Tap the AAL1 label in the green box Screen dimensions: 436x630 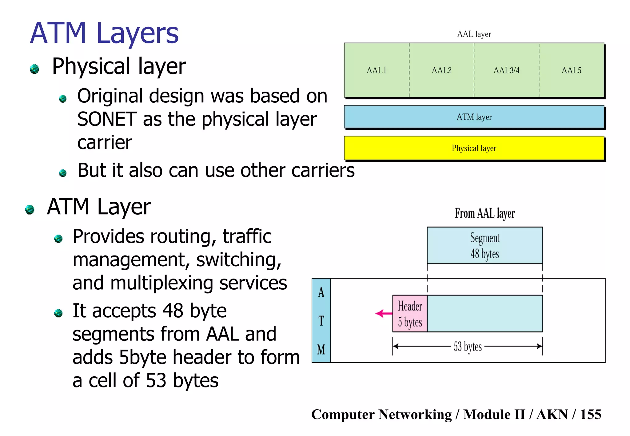coord(376,70)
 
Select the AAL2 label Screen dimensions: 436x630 coord(441,70)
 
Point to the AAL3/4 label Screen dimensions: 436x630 coord(506,70)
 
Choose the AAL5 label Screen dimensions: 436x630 coord(571,70)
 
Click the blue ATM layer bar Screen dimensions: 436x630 coord(474,117)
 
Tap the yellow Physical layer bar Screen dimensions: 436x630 coord(474,148)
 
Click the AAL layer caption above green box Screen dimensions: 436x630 coord(474,34)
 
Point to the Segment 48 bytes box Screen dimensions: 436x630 coord(484,245)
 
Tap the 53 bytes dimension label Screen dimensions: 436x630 coord(468,347)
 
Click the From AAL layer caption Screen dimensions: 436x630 coord(484,213)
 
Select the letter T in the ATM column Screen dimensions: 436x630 coord(321,321)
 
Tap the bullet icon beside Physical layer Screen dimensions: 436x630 coord(34,69)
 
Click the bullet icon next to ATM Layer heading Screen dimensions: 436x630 coord(30,209)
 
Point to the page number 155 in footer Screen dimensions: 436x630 coord(590,414)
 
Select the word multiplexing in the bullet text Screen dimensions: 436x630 coord(161,283)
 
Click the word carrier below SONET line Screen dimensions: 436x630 coord(104,143)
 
